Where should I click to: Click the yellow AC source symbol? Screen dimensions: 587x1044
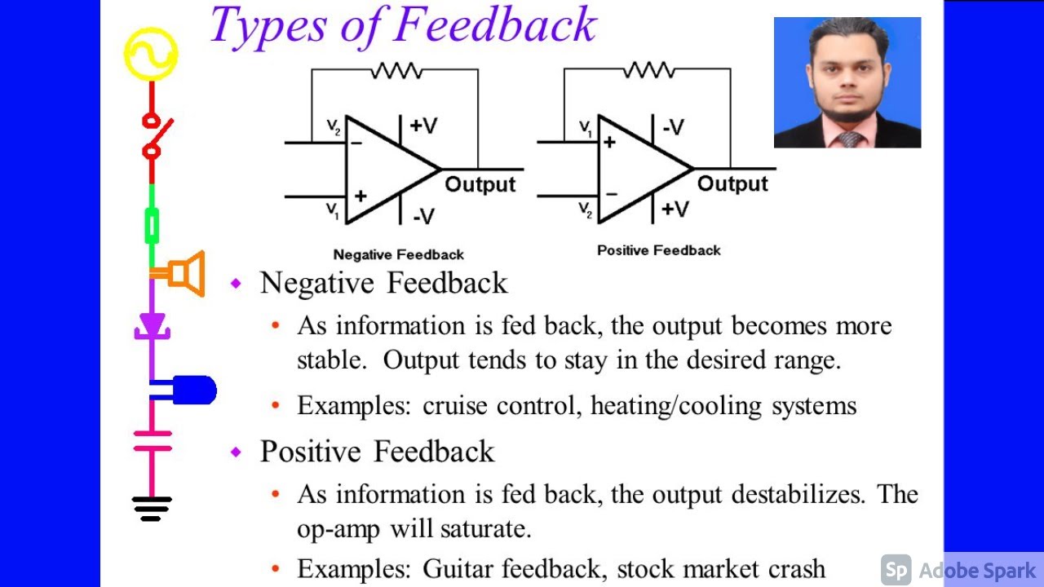pos(151,53)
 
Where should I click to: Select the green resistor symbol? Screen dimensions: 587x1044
pos(152,226)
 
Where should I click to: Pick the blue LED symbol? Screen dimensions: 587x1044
pos(192,391)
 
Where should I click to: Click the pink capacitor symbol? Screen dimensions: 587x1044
pos(152,440)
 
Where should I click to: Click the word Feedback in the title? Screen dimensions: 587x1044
pos(496,26)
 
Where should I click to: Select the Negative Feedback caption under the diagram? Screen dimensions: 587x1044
pos(398,255)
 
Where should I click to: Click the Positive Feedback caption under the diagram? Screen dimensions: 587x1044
pos(658,250)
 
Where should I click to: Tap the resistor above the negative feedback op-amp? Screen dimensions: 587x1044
pos(396,71)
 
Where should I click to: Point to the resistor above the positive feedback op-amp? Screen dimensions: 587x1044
pos(648,71)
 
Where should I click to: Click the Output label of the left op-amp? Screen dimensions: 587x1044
pos(480,185)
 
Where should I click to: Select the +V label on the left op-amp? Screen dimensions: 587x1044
pos(423,126)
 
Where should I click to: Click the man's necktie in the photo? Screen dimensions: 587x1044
pos(849,139)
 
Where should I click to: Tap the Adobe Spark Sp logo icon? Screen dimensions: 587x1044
pos(896,570)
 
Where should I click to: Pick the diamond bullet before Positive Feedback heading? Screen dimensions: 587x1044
pos(237,452)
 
